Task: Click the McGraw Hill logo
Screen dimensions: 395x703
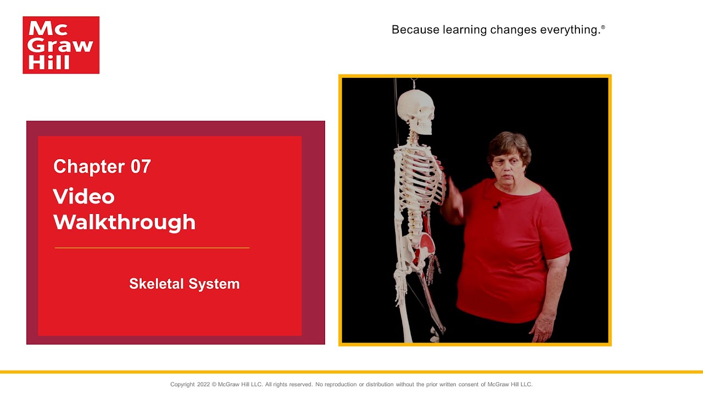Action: pyautogui.click(x=61, y=45)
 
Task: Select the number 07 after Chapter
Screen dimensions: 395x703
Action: pyautogui.click(x=141, y=166)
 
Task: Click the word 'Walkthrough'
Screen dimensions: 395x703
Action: pyautogui.click(x=124, y=222)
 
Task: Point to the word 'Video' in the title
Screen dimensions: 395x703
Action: pyautogui.click(x=83, y=196)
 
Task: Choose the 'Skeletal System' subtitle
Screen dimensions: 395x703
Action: pyautogui.click(x=184, y=284)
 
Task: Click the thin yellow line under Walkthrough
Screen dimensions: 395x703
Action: pyautogui.click(x=152, y=248)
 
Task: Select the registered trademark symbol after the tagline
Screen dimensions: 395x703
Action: pyautogui.click(x=602, y=27)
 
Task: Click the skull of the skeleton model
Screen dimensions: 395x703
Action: pyautogui.click(x=416, y=110)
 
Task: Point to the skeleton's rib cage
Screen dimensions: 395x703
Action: pyautogui.click(x=420, y=181)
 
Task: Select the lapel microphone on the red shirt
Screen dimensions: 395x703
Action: pyautogui.click(x=496, y=205)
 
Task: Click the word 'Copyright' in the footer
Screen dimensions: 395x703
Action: pyautogui.click(x=182, y=385)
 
